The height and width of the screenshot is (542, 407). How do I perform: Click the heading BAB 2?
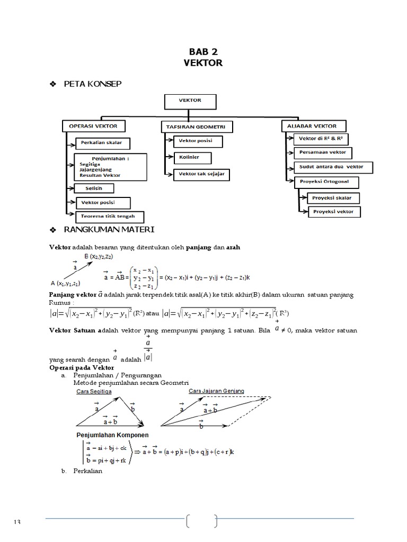pos(203,52)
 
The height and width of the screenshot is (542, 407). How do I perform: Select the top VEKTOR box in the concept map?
pos(190,101)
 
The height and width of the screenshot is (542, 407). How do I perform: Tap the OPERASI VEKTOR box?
pos(93,126)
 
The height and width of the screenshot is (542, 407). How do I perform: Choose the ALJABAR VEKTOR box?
pos(313,125)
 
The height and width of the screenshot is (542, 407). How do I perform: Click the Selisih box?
pos(94,188)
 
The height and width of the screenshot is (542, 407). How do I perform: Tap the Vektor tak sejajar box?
pos(202,174)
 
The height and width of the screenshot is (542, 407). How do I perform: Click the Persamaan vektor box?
pos(322,152)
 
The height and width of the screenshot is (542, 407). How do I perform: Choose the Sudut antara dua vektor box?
pos(332,167)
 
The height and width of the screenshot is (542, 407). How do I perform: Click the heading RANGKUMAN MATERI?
pos(109,230)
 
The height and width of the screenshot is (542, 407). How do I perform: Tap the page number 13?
pos(17,522)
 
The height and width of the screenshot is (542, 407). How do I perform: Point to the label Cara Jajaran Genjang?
pos(216,391)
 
